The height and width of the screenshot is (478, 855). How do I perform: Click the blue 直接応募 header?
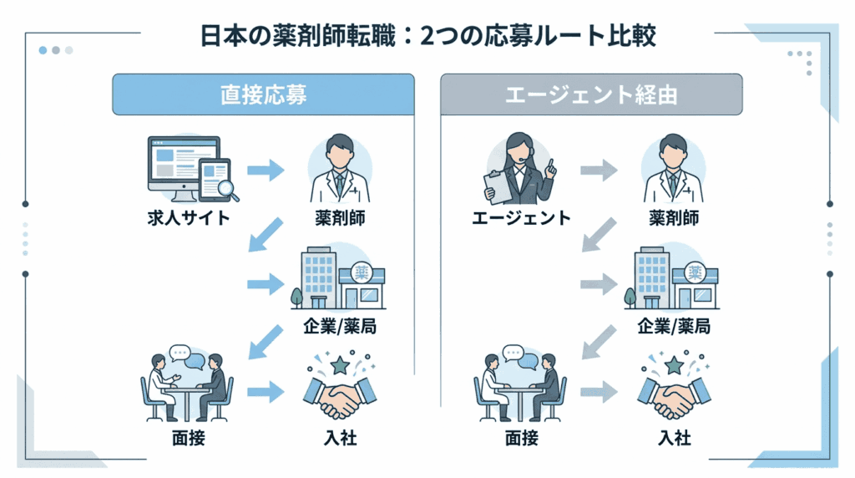263,94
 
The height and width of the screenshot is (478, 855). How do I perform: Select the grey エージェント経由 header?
591,94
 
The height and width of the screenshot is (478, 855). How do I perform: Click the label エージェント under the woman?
520,219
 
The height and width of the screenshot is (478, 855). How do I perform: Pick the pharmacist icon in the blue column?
340,170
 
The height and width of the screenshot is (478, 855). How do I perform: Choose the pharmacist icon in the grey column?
673,170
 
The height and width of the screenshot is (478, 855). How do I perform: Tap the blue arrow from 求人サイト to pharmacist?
266,171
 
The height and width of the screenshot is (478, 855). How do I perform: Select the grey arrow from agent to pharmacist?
599,171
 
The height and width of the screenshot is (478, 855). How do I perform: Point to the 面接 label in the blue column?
186,437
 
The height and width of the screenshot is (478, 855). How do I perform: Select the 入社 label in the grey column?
673,437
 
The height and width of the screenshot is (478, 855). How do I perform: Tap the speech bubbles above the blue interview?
186,357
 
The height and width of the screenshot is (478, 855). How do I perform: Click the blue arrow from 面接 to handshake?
266,390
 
